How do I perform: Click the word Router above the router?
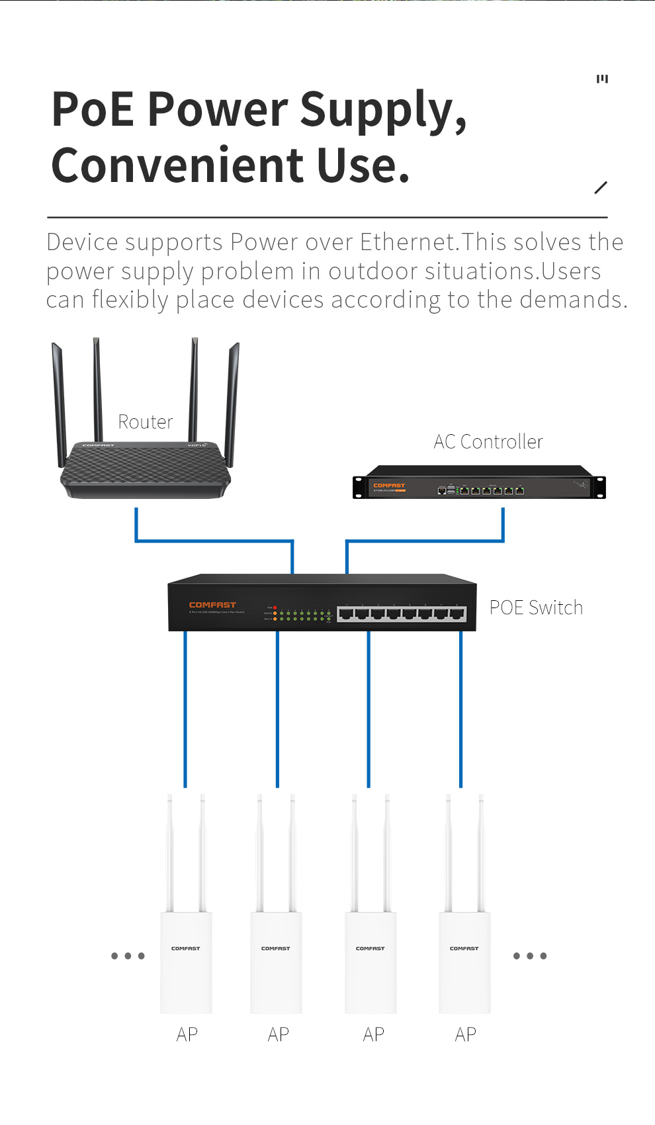click(145, 422)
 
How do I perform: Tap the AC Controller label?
click(488, 442)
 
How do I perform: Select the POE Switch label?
click(536, 607)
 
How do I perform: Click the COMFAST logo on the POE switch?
click(212, 605)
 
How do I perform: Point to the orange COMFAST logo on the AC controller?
click(389, 486)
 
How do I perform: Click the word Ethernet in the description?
click(408, 242)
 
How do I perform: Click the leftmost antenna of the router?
click(60, 397)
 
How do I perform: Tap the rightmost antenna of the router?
click(232, 397)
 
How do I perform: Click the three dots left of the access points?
click(128, 956)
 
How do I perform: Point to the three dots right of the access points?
click(530, 956)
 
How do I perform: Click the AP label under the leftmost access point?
click(187, 1034)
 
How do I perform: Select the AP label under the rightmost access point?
click(466, 1034)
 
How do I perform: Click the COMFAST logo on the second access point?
click(276, 948)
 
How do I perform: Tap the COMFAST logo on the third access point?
click(371, 948)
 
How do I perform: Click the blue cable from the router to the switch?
click(214, 541)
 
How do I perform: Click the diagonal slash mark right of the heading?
click(601, 187)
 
